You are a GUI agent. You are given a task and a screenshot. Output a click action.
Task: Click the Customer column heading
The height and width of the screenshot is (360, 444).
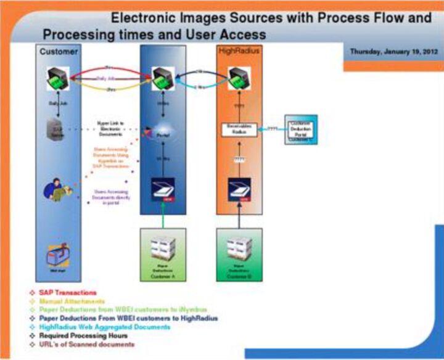(x=59, y=52)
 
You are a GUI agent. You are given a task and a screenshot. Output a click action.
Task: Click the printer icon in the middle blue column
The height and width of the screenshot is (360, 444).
(x=163, y=79)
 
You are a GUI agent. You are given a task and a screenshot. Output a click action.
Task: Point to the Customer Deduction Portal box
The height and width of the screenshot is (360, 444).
(x=301, y=129)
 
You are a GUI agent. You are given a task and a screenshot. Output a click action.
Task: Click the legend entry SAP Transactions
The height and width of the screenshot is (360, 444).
(x=68, y=292)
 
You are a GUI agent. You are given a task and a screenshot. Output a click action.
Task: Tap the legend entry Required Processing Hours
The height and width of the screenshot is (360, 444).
(x=83, y=336)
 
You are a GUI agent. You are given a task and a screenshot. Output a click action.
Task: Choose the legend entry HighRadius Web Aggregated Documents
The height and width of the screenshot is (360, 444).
(x=104, y=327)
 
